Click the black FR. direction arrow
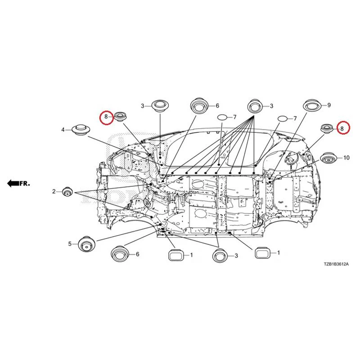[x=13, y=184]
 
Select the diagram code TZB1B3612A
[x=336, y=264]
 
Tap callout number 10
[x=346, y=158]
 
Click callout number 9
[x=329, y=105]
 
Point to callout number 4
[x=63, y=130]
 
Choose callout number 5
[x=70, y=244]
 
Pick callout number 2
[x=54, y=191]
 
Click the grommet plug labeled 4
[x=81, y=130]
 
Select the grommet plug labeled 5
[x=86, y=244]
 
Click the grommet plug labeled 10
[x=328, y=158]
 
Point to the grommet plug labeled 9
[x=312, y=105]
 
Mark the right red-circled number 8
[x=342, y=128]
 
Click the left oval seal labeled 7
[x=222, y=117]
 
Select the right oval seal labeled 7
[x=283, y=119]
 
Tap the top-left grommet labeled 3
[x=160, y=106]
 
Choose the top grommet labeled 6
[x=199, y=106]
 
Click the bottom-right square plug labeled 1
[x=262, y=253]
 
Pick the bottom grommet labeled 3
[x=220, y=255]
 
